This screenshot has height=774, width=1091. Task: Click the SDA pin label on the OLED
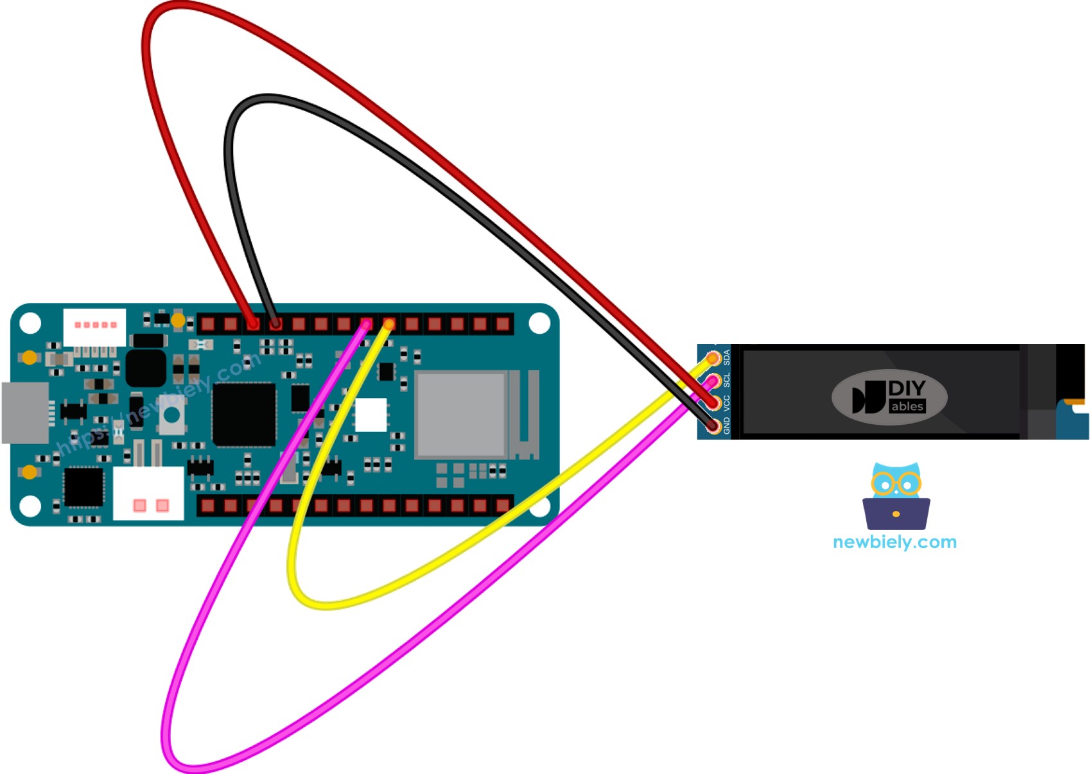pos(727,357)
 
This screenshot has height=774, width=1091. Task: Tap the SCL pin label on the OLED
pos(727,380)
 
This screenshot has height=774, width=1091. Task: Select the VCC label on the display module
pos(727,403)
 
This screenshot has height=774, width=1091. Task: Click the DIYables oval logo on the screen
pos(889,397)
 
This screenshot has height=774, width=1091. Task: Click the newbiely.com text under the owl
pos(895,542)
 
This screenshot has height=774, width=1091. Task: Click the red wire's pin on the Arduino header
pos(253,324)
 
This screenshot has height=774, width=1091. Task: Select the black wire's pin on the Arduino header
pos(275,324)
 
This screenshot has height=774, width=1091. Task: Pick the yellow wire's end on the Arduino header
pos(389,324)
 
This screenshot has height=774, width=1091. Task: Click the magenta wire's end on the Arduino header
pos(367,324)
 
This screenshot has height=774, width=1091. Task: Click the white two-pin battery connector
pos(148,494)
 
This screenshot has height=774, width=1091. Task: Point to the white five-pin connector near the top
pos(94,326)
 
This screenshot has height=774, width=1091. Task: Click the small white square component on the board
pos(371,415)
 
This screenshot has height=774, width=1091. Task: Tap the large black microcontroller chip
pos(244,415)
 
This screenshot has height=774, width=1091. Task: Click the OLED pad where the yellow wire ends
pos(713,358)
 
